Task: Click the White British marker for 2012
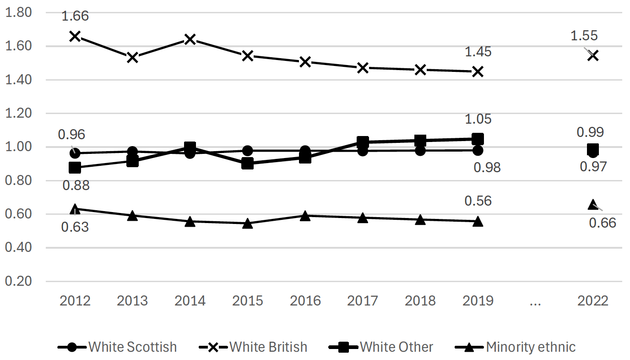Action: tap(75, 36)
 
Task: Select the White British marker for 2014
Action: tap(190, 39)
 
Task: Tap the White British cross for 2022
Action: tap(593, 55)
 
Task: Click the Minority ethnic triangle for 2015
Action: tap(248, 224)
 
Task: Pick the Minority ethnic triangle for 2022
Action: tap(593, 204)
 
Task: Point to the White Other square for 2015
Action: tap(248, 163)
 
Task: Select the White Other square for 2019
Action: tap(478, 139)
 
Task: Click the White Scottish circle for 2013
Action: tap(132, 152)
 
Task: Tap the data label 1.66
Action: tap(75, 16)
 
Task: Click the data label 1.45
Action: tap(478, 52)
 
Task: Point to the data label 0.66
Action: tap(603, 223)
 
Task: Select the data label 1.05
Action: tap(478, 119)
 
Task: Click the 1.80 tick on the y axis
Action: tap(18, 13)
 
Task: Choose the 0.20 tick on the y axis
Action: tap(18, 281)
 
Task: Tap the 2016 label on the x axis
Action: tap(305, 301)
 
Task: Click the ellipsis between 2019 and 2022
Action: tap(535, 301)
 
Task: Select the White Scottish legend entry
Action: tap(118, 347)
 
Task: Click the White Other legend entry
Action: tap(381, 347)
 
